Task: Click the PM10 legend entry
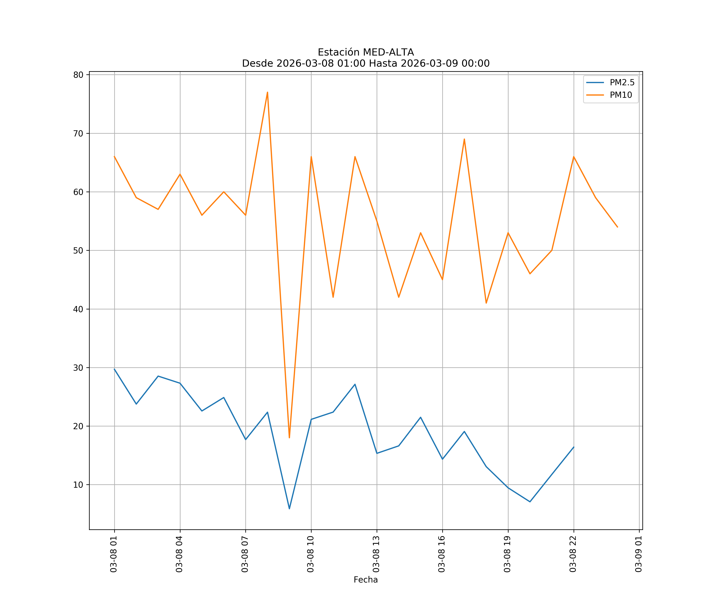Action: tap(621, 95)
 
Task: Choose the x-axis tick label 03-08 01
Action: tap(114, 554)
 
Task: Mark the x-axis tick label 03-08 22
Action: tap(573, 554)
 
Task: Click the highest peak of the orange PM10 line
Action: tap(268, 92)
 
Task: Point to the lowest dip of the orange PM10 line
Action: tap(289, 438)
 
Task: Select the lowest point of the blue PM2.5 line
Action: tap(289, 509)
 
